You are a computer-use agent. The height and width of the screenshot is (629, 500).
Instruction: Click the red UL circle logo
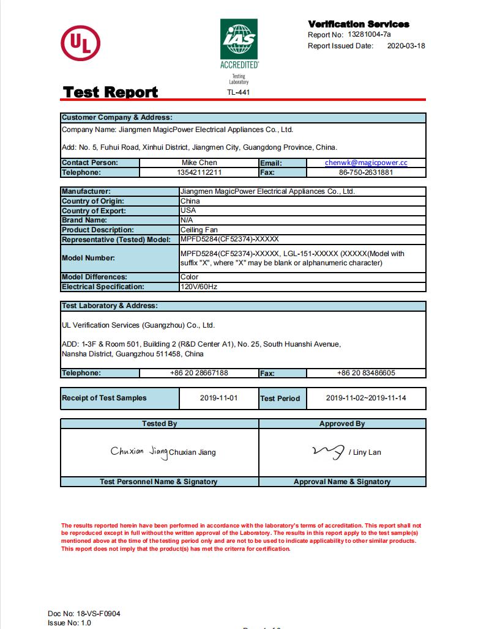point(80,43)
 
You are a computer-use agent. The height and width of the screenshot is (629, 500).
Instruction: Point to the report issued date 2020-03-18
point(406,46)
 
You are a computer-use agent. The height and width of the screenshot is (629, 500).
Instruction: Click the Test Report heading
point(111,92)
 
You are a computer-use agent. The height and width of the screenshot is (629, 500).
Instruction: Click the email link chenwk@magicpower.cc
point(366,163)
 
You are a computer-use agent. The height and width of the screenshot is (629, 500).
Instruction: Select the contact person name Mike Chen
point(200,163)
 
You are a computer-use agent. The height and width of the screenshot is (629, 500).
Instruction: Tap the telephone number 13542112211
point(200,172)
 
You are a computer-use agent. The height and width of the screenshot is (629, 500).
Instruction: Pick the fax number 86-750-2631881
point(366,172)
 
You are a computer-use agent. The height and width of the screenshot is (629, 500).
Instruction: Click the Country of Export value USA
point(188,210)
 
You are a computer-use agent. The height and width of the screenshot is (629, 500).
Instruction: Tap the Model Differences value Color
point(190,277)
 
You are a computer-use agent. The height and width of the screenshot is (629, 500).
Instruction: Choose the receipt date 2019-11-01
point(218,398)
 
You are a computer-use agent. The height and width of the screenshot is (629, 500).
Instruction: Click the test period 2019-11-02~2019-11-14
point(366,398)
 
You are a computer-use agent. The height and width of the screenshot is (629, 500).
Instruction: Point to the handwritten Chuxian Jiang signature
point(139,451)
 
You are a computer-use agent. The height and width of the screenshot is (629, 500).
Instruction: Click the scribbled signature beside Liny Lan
point(328,452)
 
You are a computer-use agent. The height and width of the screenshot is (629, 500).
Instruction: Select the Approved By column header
point(341,424)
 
